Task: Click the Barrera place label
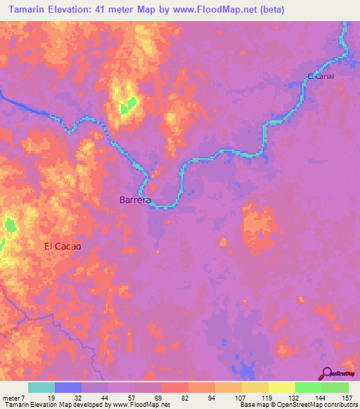point(136,200)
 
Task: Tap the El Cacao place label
point(63,247)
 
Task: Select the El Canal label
point(320,76)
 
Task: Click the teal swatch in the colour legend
point(41,387)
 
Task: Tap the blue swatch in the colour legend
point(68,387)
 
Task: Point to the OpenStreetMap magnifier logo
point(328,373)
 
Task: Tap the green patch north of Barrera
point(125,108)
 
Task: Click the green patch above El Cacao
point(10,226)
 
